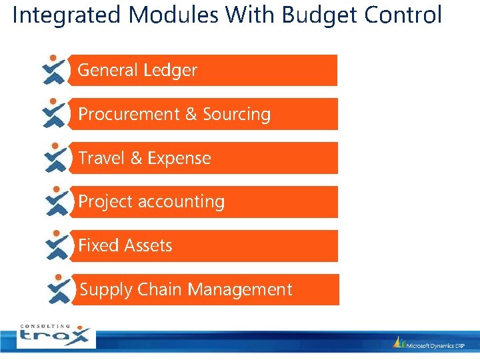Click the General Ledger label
(137, 70)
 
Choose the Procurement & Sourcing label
(174, 114)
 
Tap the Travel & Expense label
(144, 158)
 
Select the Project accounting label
(151, 201)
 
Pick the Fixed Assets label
(125, 245)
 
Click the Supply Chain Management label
(186, 289)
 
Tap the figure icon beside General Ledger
(54, 69)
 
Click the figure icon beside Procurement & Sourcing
(55, 113)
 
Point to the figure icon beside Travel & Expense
(56, 157)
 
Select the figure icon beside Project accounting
(57, 201)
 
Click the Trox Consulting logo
(56, 336)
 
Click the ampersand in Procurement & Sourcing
(191, 114)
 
